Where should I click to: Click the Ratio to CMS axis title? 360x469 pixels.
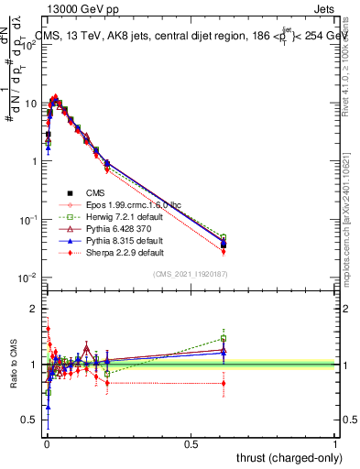coord(12,364)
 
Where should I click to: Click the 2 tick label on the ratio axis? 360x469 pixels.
coord(34,309)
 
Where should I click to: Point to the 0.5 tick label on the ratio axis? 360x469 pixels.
coord(30,420)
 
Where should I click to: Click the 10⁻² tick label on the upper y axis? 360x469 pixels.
coord(27,277)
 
